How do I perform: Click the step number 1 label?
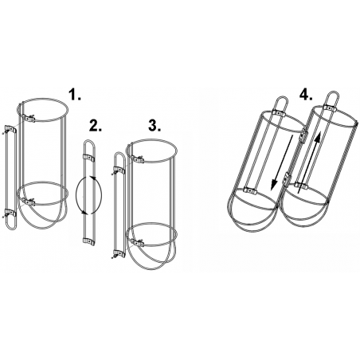(x=75, y=95)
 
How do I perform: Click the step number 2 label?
(x=96, y=126)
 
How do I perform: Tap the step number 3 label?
(x=155, y=126)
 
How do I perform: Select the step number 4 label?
(x=306, y=95)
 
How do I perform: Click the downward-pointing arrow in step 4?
(x=282, y=162)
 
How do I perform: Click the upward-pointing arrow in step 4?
(x=308, y=162)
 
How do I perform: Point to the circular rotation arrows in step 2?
(x=88, y=195)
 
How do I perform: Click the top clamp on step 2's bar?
(x=89, y=158)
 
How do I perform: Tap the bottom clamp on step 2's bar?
(x=89, y=241)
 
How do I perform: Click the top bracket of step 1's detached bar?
(x=11, y=129)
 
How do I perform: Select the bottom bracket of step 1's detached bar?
(x=11, y=213)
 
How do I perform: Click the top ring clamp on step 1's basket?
(x=29, y=119)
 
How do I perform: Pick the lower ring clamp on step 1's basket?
(x=29, y=202)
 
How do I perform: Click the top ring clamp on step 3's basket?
(x=138, y=160)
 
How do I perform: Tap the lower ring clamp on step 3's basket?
(x=138, y=243)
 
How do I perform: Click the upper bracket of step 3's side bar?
(x=119, y=170)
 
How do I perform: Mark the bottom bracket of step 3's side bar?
(x=119, y=254)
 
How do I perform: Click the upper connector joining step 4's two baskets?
(x=303, y=135)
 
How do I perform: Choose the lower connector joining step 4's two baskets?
(x=287, y=178)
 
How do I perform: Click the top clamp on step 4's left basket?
(x=278, y=114)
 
